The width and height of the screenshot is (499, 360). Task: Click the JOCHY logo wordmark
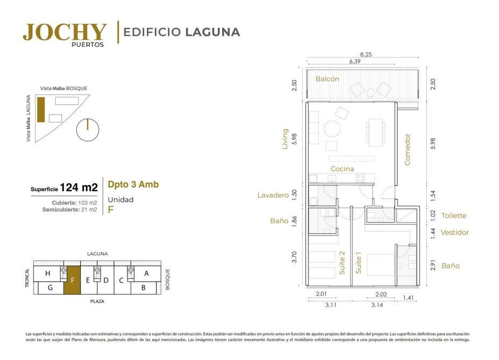(65, 32)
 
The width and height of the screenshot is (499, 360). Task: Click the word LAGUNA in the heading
(212, 32)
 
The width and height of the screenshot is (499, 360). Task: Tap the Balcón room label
(327, 79)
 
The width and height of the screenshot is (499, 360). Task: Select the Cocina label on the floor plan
(342, 169)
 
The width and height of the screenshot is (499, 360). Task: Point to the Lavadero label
(273, 195)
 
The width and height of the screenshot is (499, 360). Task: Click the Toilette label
(454, 215)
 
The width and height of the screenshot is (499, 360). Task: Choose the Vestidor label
(455, 233)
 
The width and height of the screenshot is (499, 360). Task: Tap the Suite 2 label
(342, 263)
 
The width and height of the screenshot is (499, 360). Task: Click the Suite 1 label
(358, 263)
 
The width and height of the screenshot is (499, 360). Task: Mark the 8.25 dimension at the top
(366, 54)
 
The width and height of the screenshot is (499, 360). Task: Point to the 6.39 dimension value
(354, 61)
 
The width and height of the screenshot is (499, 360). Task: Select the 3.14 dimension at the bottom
(377, 305)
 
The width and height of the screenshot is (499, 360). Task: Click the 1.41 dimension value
(408, 298)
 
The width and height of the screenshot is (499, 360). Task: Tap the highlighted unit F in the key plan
(72, 280)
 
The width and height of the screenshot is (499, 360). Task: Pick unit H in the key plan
(47, 273)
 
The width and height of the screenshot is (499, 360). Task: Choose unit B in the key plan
(143, 288)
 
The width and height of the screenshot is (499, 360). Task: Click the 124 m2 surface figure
(79, 188)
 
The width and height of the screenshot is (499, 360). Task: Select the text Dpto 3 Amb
(133, 184)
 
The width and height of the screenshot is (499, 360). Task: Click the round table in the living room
(332, 129)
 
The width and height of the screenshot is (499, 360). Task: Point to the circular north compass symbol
(88, 129)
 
